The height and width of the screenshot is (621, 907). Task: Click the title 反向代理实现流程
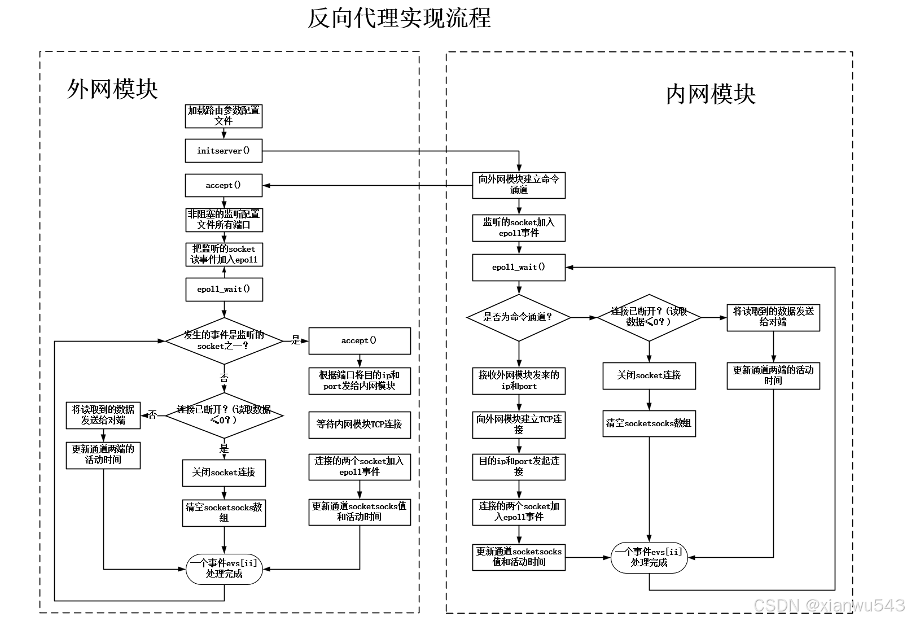coord(398,18)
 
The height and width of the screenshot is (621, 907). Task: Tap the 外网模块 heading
coord(112,89)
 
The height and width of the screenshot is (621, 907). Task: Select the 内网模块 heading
coord(710,94)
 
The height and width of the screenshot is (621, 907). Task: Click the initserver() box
coord(224,151)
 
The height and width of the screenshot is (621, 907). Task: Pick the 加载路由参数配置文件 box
coord(224,116)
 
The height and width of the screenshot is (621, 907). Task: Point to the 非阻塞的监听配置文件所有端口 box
coord(224,220)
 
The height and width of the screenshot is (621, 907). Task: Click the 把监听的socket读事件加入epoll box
coord(224,255)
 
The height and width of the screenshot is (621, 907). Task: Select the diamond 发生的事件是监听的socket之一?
coord(224,340)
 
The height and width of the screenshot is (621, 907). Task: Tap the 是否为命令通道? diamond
coord(518,317)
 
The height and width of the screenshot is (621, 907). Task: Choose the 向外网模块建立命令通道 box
coord(518,185)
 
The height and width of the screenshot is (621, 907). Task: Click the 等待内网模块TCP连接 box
coord(359,425)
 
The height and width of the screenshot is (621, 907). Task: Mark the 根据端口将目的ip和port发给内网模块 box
coord(359,381)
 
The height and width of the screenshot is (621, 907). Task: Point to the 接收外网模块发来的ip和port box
coord(518,381)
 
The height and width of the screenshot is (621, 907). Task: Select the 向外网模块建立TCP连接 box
coord(518,425)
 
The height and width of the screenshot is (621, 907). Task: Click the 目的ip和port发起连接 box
coord(518,467)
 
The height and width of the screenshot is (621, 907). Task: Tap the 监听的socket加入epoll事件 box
coord(518,228)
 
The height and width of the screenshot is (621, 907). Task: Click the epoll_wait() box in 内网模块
coord(518,268)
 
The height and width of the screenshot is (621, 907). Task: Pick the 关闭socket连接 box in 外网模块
coord(224,473)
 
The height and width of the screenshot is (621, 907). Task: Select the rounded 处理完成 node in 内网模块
coord(649,558)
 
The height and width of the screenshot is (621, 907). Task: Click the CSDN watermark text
coord(829,606)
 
